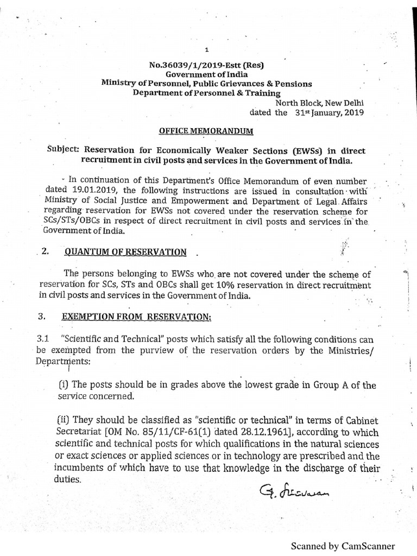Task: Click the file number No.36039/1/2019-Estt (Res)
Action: [206, 65]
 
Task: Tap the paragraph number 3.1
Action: [43, 337]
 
